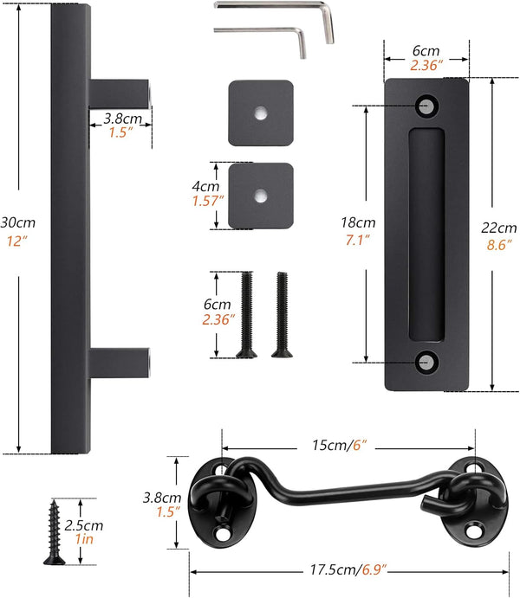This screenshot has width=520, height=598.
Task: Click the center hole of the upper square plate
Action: coord(261,113)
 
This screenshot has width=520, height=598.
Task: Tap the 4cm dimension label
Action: coord(204,184)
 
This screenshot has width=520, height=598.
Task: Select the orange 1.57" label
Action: coord(208,202)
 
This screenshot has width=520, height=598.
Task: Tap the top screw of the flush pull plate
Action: coord(426,105)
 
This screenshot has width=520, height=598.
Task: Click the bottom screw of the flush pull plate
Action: coord(426,363)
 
